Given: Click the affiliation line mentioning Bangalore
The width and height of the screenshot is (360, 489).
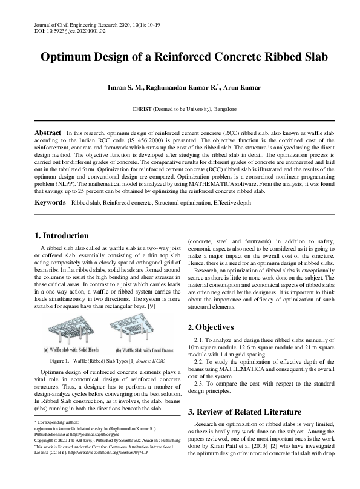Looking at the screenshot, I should pos(180,110).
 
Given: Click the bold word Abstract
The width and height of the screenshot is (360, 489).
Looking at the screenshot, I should pos(48,132).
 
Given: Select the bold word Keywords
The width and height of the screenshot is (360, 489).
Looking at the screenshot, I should pos(50,200).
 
